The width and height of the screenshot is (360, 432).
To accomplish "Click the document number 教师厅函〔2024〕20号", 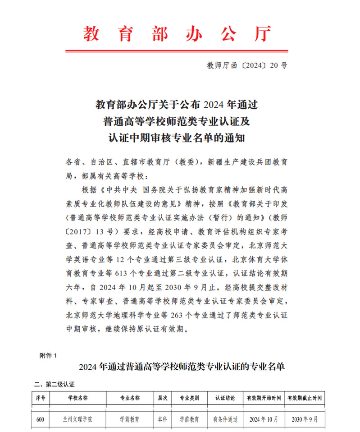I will [246, 65].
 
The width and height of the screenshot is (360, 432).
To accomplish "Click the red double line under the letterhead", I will [177, 51].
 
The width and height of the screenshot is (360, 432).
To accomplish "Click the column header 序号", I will [41, 398].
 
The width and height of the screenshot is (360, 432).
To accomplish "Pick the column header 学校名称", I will [77, 398].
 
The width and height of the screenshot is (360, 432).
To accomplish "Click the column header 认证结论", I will [225, 398].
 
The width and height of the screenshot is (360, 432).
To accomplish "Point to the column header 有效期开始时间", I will [264, 398].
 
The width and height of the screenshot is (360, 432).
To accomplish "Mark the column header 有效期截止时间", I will [304, 398].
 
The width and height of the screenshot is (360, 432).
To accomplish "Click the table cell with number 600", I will [40, 419].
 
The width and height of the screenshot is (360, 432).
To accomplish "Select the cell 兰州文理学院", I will [77, 419].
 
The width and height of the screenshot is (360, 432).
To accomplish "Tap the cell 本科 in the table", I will [162, 419].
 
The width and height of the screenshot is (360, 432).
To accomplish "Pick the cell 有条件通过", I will [225, 419].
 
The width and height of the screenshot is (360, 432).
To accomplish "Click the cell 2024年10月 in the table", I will [264, 419].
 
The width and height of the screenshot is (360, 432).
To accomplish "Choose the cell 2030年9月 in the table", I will [304, 419].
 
